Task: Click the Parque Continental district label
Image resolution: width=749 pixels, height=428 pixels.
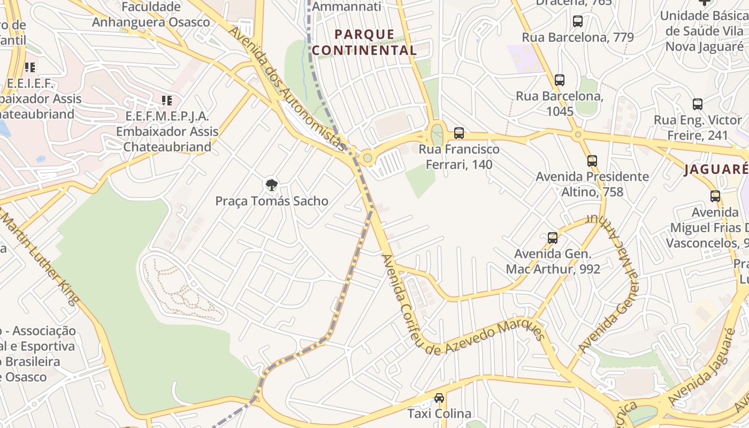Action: coord(364,42)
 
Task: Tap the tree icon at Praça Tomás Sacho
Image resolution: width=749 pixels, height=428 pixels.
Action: coord(272,186)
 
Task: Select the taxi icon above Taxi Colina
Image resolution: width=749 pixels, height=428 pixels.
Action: coord(439,398)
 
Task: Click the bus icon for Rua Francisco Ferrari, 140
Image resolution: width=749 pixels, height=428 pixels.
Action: coord(458,133)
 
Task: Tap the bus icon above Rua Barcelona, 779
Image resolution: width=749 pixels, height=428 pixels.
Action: coord(578,21)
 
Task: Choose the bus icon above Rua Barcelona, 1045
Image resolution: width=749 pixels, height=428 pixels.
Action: coord(560,80)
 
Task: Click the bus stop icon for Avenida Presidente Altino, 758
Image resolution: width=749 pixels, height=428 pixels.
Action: coord(592,160)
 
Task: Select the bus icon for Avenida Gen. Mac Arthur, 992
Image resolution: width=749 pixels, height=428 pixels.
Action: coord(553,238)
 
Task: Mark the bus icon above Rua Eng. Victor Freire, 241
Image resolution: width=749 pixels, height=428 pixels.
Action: coord(698,104)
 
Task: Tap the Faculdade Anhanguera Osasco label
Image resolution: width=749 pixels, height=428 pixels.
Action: coord(151,14)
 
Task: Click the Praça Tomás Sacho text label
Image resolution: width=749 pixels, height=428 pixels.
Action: coord(272,201)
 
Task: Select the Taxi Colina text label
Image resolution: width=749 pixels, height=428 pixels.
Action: coord(439,414)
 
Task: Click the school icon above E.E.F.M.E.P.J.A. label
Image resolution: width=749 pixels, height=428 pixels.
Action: coord(167,100)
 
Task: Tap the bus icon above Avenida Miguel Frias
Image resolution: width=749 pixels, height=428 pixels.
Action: coord(715,196)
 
